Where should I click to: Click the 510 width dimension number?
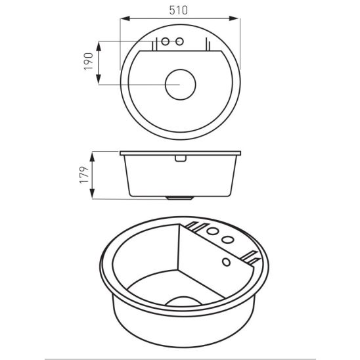179,11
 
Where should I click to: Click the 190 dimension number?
89,62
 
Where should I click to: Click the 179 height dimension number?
84,175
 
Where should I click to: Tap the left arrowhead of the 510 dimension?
125,18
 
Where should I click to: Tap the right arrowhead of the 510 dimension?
235,18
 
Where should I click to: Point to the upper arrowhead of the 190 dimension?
99,47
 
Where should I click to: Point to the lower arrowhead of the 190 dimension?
99,79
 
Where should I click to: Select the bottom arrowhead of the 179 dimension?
92,194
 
